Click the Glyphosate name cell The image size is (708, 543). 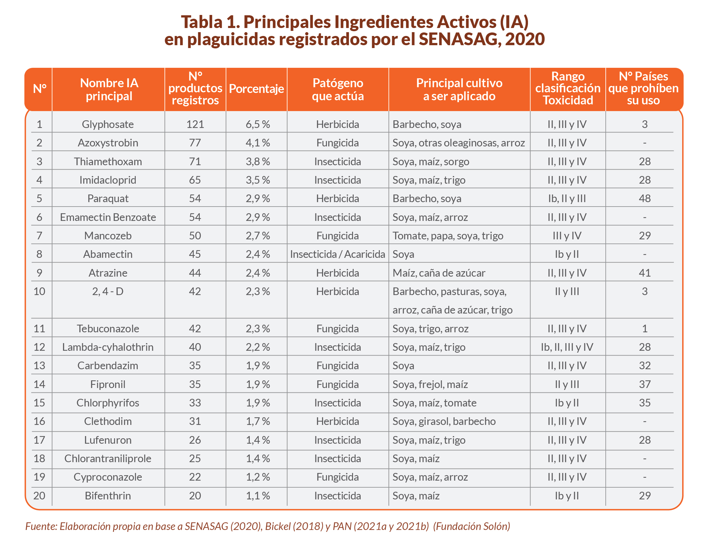point(107,124)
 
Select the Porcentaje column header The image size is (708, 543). point(256,89)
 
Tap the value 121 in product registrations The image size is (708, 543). point(195,124)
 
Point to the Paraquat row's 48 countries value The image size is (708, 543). point(644,199)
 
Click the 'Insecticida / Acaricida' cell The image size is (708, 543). point(337,254)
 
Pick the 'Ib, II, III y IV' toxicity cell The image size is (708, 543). point(567,347)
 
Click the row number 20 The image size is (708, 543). point(39,496)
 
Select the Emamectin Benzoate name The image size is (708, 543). point(108,217)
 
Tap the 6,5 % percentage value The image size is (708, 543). point(257,124)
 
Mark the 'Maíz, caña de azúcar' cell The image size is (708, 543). point(438,273)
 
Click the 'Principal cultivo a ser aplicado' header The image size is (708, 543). point(459,89)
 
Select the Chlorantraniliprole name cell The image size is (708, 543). point(108,459)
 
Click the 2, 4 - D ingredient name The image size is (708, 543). point(108,292)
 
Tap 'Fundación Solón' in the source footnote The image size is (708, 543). point(472,526)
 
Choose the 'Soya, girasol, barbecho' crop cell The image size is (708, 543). point(444,421)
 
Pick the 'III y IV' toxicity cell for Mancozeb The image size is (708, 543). point(567,236)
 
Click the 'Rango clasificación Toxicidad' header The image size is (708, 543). point(567,88)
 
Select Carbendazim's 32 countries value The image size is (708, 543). point(644,366)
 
